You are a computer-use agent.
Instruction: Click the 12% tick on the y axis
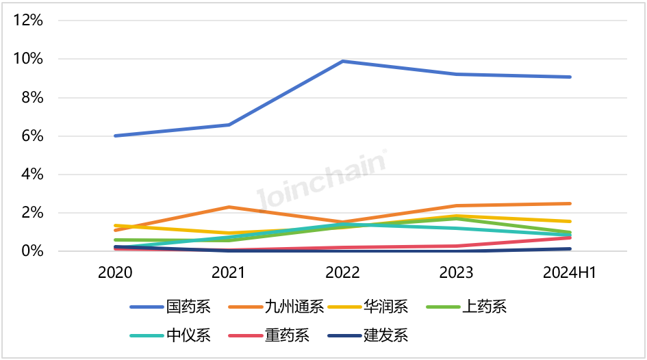tap(28, 21)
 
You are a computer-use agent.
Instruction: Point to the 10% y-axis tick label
tap(28, 59)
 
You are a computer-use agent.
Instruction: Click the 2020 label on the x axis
tap(115, 272)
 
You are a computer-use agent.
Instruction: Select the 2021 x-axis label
tap(229, 272)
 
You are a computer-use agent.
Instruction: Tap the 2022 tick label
tap(342, 272)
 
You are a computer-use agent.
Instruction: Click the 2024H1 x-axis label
tap(570, 272)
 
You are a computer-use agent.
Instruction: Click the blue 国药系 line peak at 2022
tap(342, 62)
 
